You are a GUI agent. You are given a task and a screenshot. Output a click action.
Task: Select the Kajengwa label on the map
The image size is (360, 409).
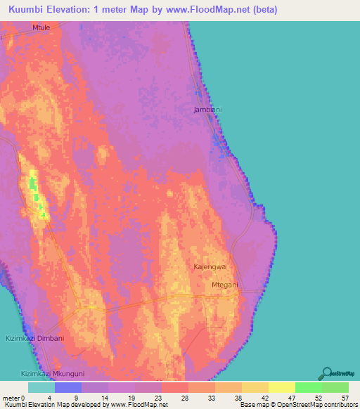click(x=210, y=268)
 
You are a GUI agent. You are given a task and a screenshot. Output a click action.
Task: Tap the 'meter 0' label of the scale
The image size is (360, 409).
click(x=13, y=398)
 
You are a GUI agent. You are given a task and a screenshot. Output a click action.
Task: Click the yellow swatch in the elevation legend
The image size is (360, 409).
click(x=281, y=387)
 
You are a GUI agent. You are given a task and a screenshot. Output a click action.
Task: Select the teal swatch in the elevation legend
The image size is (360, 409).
click(x=41, y=387)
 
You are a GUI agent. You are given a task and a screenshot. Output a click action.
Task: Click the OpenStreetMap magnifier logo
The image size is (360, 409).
click(x=327, y=372)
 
